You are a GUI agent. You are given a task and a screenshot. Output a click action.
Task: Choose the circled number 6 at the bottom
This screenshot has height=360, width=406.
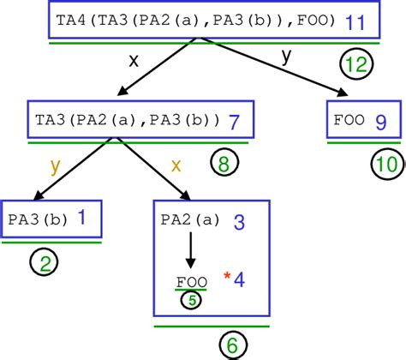[x=230, y=345]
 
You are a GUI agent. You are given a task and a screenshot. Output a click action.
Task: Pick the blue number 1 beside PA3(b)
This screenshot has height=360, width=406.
[x=81, y=219]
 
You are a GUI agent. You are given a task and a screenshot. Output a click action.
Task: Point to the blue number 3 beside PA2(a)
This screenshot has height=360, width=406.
[x=240, y=222]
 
